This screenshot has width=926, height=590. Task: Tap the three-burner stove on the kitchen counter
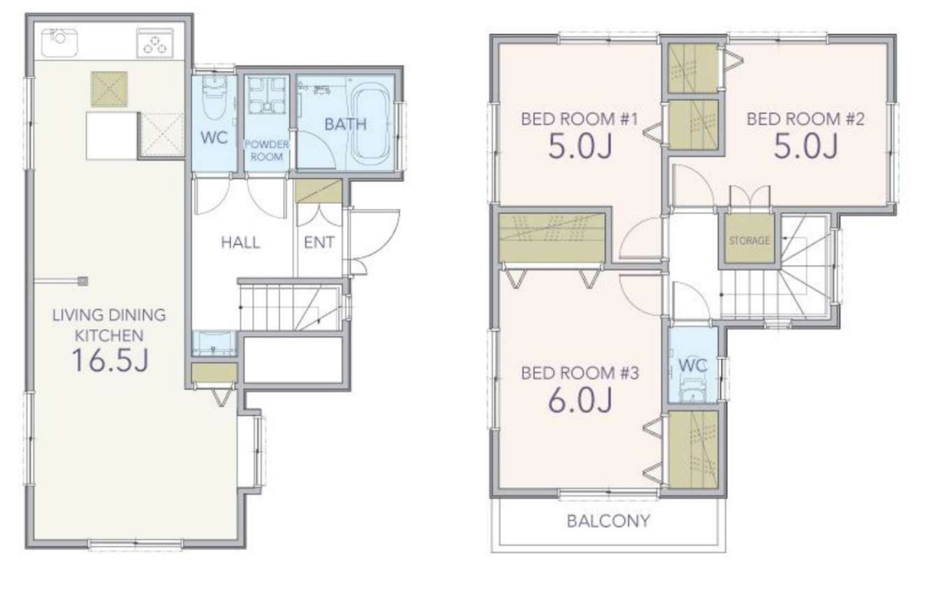tap(155, 43)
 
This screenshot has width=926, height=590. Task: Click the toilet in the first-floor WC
tap(214, 99)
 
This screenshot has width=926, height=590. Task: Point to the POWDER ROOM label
tap(267, 150)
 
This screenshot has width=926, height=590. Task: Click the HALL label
tap(241, 243)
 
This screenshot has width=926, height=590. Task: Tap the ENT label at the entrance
tap(319, 243)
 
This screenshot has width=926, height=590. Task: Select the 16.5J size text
tap(110, 360)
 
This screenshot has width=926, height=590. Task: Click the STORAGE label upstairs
tap(749, 241)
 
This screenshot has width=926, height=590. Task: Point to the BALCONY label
tap(609, 521)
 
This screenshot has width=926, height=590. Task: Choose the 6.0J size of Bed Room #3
tap(580, 400)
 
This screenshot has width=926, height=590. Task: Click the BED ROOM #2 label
tap(806, 119)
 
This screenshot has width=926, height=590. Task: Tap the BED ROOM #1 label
tap(580, 119)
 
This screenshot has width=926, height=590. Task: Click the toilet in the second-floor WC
tap(693, 389)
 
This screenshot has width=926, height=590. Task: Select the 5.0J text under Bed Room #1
tap(580, 146)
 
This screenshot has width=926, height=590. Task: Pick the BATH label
tap(346, 124)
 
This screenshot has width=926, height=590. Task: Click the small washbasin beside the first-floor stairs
tap(214, 343)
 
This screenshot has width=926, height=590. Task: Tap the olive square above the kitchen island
tap(109, 89)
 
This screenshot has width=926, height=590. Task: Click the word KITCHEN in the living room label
tap(109, 335)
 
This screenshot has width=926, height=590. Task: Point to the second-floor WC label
tap(693, 365)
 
